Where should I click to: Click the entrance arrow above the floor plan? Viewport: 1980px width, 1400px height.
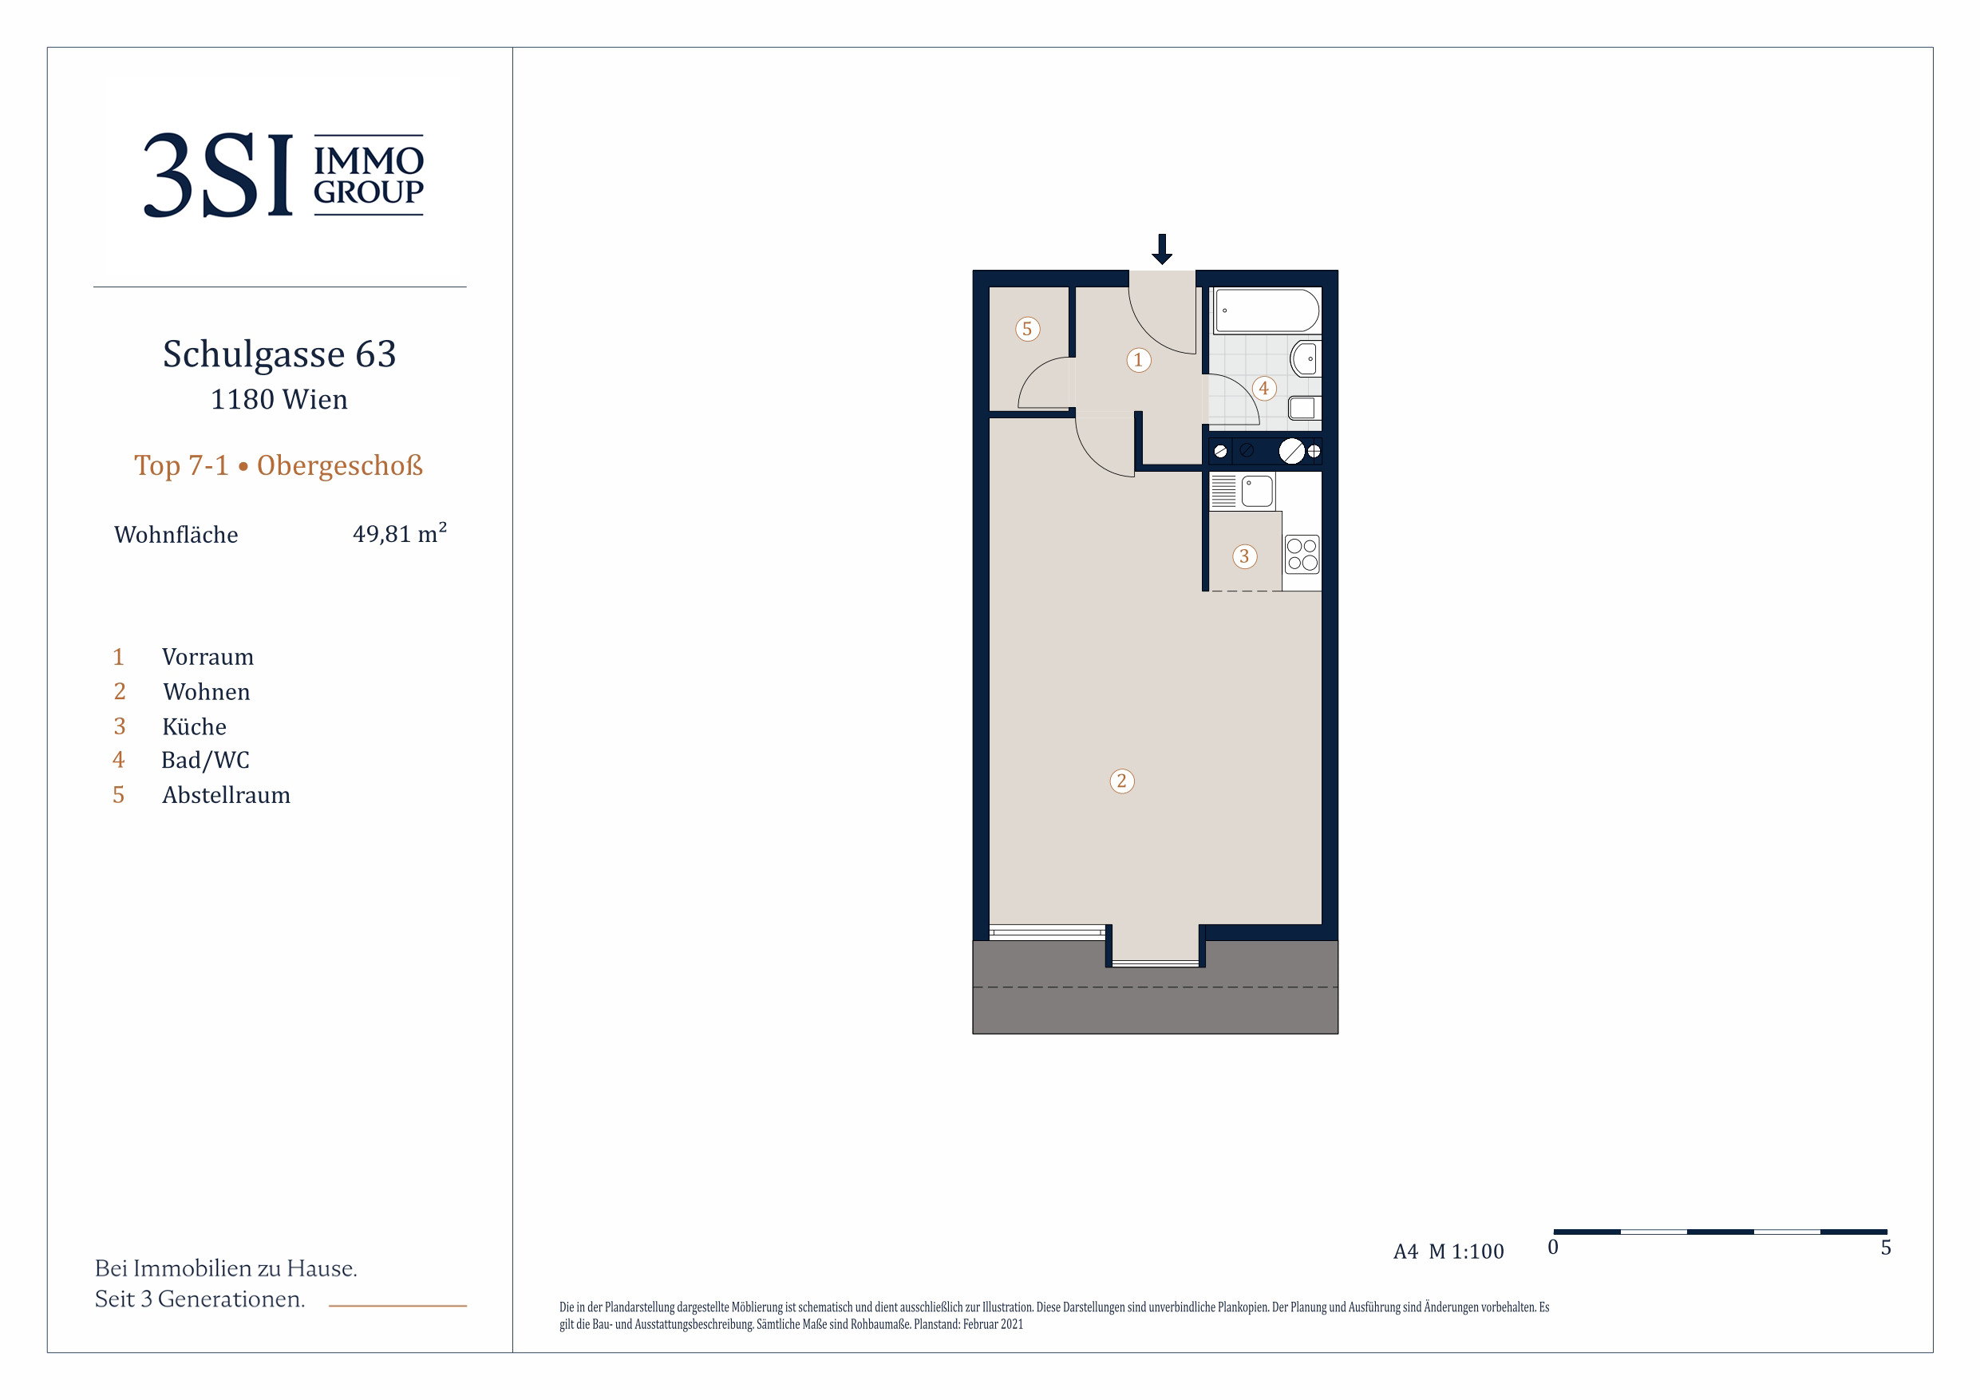pyautogui.click(x=1162, y=248)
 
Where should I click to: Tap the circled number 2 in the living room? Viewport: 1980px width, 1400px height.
pyautogui.click(x=1121, y=781)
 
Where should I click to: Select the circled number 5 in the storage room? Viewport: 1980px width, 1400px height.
pyautogui.click(x=1027, y=329)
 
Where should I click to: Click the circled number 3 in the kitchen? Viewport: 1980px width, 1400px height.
pyautogui.click(x=1243, y=556)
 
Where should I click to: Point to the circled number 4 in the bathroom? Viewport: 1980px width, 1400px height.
pyautogui.click(x=1263, y=388)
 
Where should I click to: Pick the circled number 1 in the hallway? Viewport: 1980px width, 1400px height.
pyautogui.click(x=1138, y=360)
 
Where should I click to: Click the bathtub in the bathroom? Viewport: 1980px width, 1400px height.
pyautogui.click(x=1267, y=310)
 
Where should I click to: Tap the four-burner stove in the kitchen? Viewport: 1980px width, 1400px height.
pyautogui.click(x=1302, y=555)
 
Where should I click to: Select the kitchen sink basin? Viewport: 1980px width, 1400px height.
pyautogui.click(x=1257, y=492)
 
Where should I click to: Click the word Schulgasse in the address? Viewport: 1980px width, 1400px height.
pyautogui.click(x=254, y=354)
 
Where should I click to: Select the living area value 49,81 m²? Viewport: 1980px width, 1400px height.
pyautogui.click(x=399, y=533)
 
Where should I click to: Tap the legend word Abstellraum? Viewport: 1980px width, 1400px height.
pyautogui.click(x=226, y=795)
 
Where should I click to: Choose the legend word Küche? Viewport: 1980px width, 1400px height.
pyautogui.click(x=194, y=726)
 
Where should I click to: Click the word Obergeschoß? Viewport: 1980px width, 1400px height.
pyautogui.click(x=340, y=466)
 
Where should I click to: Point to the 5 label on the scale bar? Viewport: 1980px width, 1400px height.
pyautogui.click(x=1886, y=1248)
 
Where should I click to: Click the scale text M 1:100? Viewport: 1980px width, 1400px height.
pyautogui.click(x=1466, y=1252)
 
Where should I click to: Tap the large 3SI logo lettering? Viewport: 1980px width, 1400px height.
pyautogui.click(x=218, y=175)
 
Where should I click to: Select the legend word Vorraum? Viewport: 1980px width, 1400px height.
pyautogui.click(x=207, y=658)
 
